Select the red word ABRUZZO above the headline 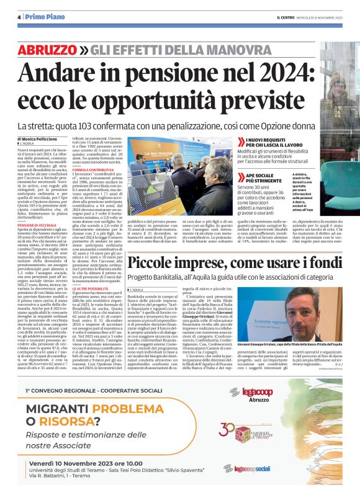pos(52,50)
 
